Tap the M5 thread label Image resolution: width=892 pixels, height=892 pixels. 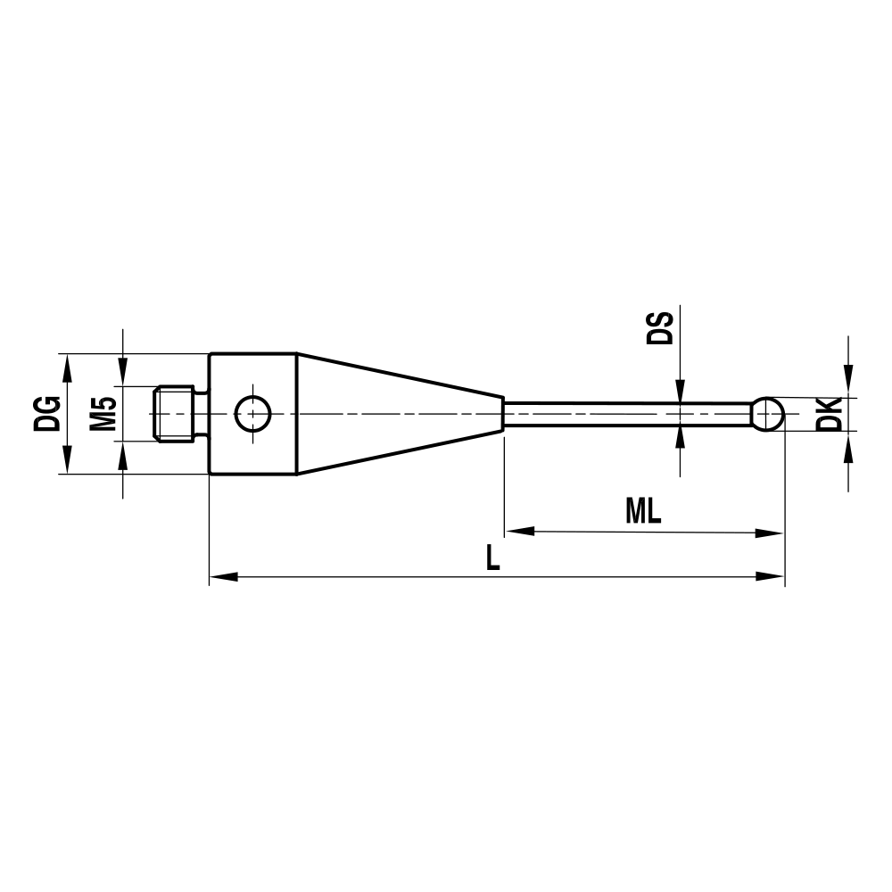(x=104, y=413)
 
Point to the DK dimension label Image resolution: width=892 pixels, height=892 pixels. (x=829, y=414)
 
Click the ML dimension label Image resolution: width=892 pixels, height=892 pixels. (x=643, y=511)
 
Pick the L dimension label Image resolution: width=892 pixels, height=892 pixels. (x=493, y=558)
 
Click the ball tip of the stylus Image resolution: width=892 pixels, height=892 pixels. (x=768, y=413)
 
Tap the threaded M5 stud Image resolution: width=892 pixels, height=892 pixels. (x=173, y=413)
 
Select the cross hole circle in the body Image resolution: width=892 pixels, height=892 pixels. (x=252, y=413)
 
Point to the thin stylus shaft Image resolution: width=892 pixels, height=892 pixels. (x=624, y=413)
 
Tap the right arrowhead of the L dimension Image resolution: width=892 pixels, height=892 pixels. (x=771, y=577)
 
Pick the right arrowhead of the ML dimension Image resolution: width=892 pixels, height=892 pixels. (x=771, y=533)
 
